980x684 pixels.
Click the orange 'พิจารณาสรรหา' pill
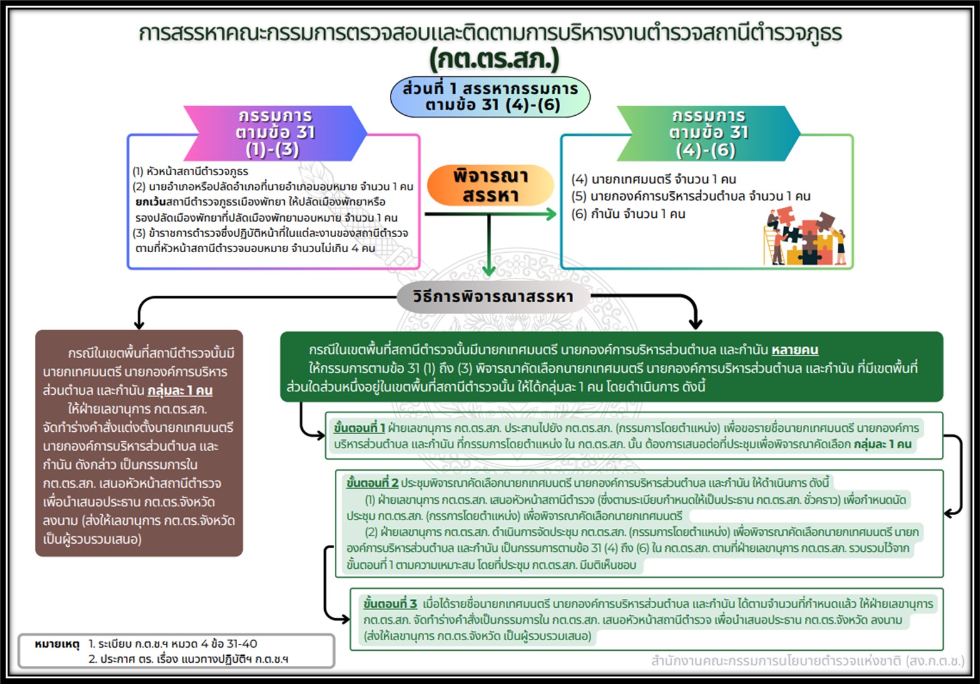click(x=490, y=185)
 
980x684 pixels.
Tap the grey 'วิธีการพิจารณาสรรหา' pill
click(x=493, y=296)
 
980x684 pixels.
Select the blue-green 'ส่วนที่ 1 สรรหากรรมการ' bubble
click(x=490, y=96)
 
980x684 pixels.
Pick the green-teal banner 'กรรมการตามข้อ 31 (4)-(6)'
click(x=708, y=133)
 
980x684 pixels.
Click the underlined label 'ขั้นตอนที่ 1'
click(x=359, y=428)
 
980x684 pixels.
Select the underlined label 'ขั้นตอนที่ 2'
click(x=372, y=482)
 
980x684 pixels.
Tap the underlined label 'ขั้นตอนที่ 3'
click(x=390, y=603)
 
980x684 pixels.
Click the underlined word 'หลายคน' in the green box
click(x=795, y=350)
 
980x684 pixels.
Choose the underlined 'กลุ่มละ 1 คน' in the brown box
click(x=180, y=390)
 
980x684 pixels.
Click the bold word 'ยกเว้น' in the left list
click(x=150, y=202)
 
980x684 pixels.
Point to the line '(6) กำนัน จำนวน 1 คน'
click(x=628, y=214)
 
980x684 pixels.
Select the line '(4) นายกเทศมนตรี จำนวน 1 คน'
click(x=653, y=180)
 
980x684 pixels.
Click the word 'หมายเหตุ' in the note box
click(x=57, y=643)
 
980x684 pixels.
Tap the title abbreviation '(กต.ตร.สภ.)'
click(x=494, y=59)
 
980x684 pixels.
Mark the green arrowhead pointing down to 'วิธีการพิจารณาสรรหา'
click(x=489, y=270)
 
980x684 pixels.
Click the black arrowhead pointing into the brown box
click(x=139, y=324)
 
